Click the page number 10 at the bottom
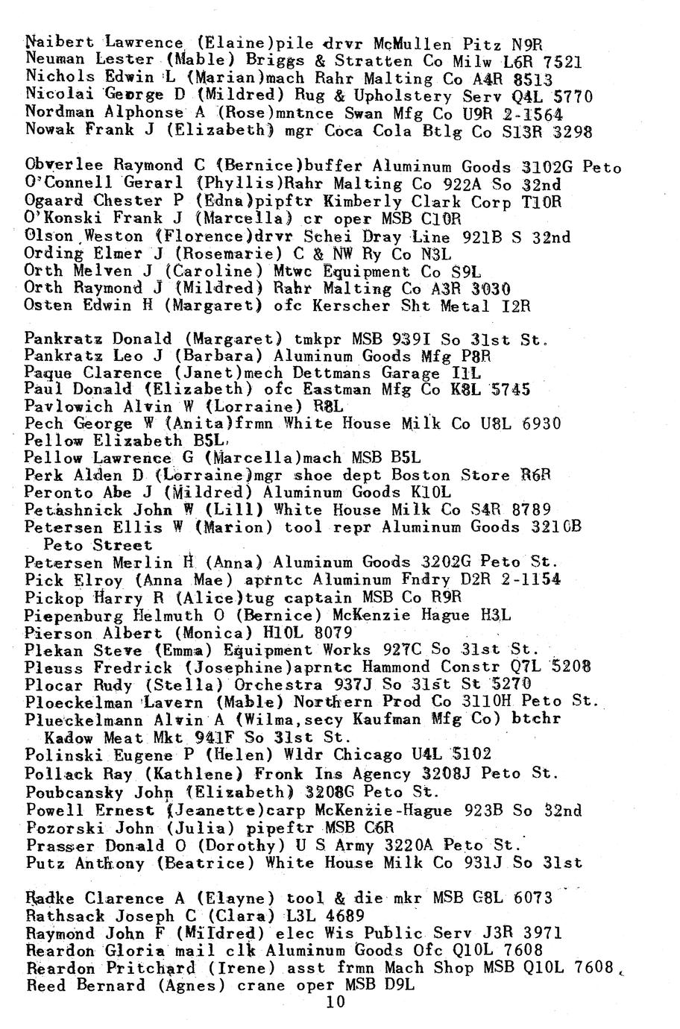click(x=336, y=1002)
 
